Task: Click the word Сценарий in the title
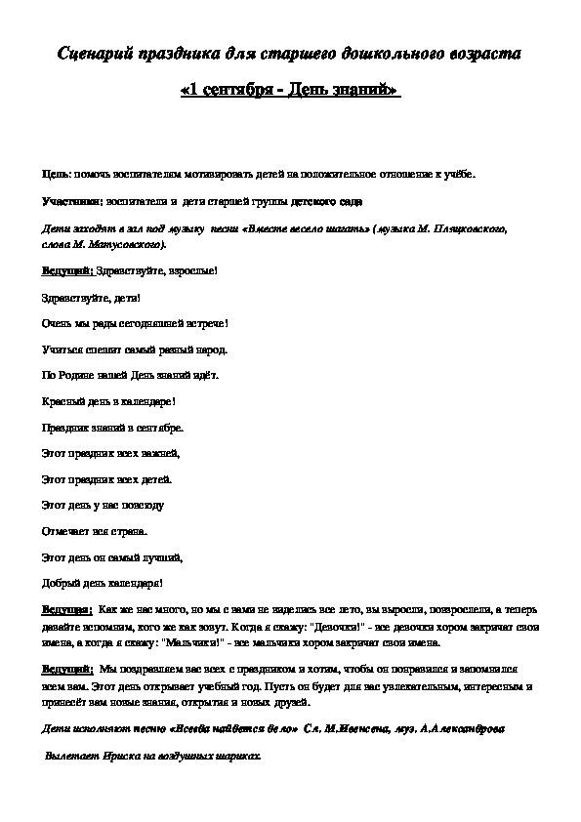pyautogui.click(x=92, y=55)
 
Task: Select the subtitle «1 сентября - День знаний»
pyautogui.click(x=290, y=90)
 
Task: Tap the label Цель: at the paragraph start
pyautogui.click(x=54, y=173)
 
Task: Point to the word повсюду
pyautogui.click(x=142, y=506)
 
